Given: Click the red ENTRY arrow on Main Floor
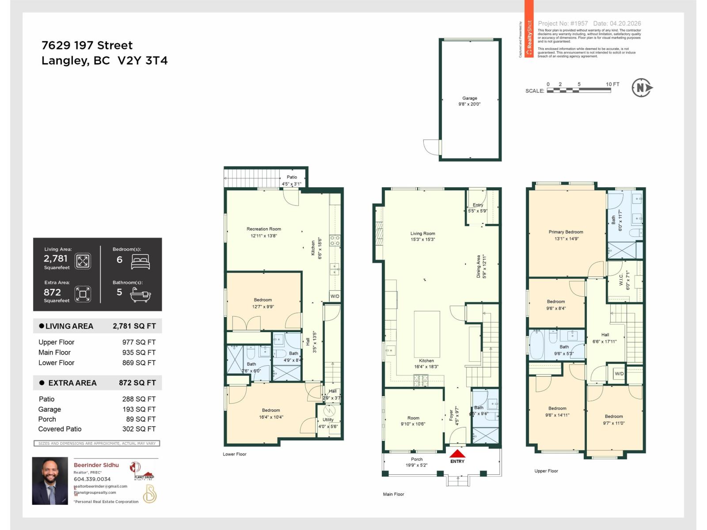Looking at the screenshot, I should (457, 454).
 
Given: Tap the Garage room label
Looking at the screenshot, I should (469, 98).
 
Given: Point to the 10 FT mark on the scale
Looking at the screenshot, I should (612, 84).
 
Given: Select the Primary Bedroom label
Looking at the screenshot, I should (566, 232).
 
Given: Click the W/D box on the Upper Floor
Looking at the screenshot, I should (619, 374).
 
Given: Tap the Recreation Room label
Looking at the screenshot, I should (263, 229).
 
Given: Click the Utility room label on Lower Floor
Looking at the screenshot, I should (328, 420).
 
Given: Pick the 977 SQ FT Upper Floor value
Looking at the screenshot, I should (139, 342).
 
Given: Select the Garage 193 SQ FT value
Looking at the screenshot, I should (139, 409).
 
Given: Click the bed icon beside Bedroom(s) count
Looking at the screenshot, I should (141, 261).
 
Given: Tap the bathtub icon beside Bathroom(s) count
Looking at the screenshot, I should (141, 294).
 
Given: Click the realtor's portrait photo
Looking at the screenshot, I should (50, 481).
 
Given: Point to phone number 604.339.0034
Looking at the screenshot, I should (92, 479).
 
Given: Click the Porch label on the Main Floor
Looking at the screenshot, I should (416, 459).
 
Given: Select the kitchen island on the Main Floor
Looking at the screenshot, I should (427, 334).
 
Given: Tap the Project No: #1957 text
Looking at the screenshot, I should (563, 23).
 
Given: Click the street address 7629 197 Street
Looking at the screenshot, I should (87, 45).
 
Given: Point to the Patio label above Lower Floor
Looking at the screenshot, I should (292, 177).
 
